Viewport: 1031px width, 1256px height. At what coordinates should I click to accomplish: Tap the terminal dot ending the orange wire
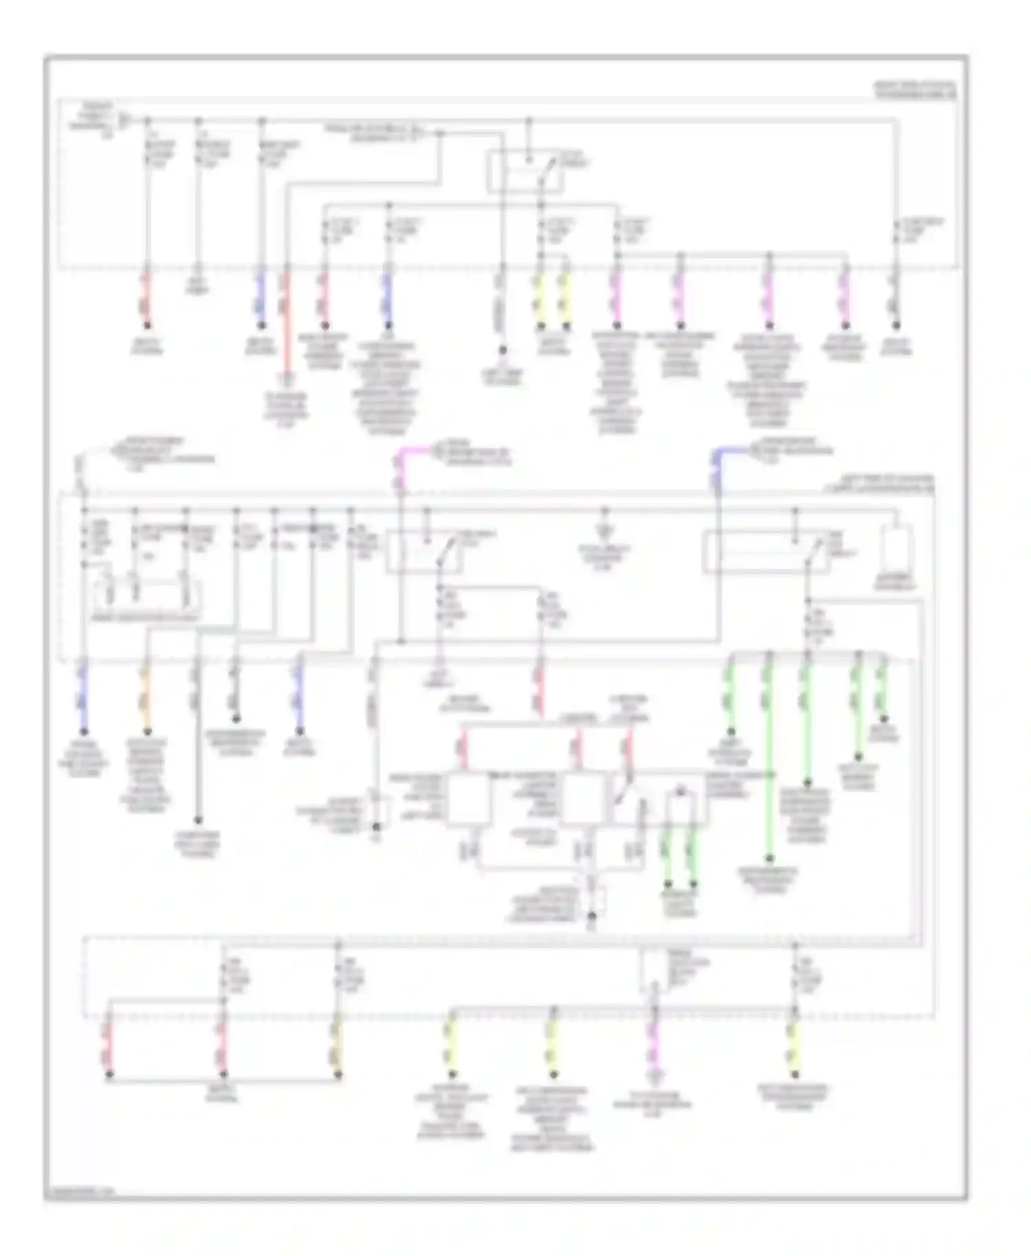click(146, 732)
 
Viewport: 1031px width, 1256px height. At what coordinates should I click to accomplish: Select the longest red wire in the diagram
click(287, 323)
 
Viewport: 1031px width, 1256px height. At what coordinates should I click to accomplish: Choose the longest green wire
click(769, 756)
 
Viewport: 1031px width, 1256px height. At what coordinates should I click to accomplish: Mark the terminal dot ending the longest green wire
click(769, 858)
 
